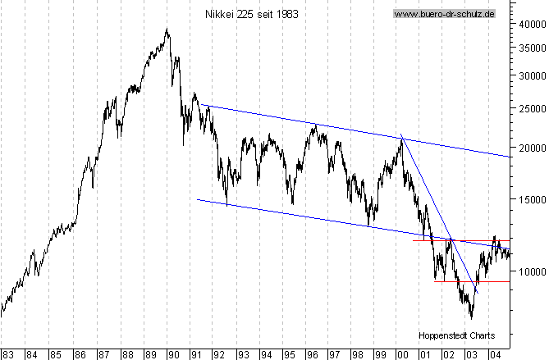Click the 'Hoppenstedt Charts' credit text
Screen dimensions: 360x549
455,336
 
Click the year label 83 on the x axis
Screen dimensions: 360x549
8,354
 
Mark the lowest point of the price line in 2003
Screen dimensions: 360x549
471,317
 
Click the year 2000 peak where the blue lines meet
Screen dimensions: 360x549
401,137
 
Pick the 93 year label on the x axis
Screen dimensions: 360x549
244,354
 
